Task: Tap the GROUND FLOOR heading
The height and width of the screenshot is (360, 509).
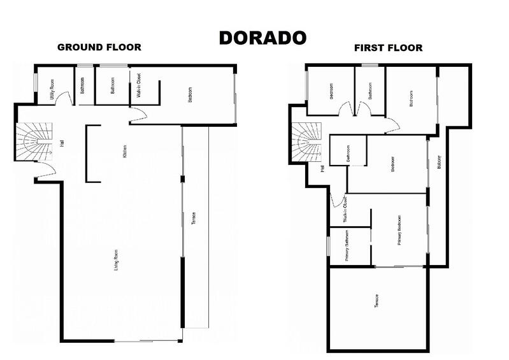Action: [99, 47]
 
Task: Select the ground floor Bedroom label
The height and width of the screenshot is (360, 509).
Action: [190, 96]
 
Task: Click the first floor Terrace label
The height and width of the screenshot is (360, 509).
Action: [377, 301]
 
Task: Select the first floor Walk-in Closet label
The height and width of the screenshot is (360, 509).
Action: [345, 210]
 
